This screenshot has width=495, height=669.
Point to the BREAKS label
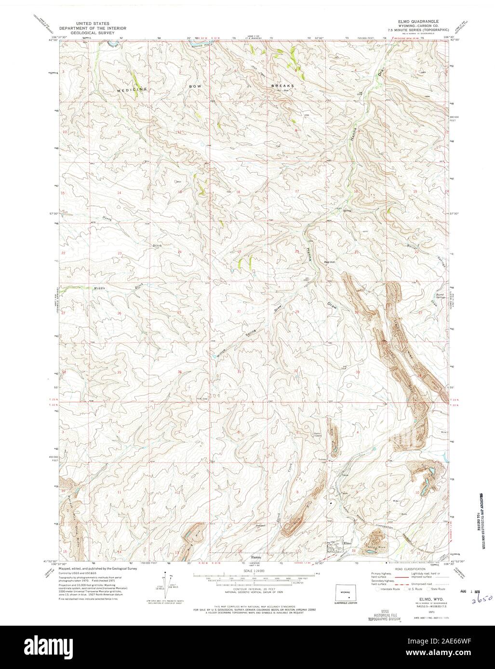click(x=282, y=86)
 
